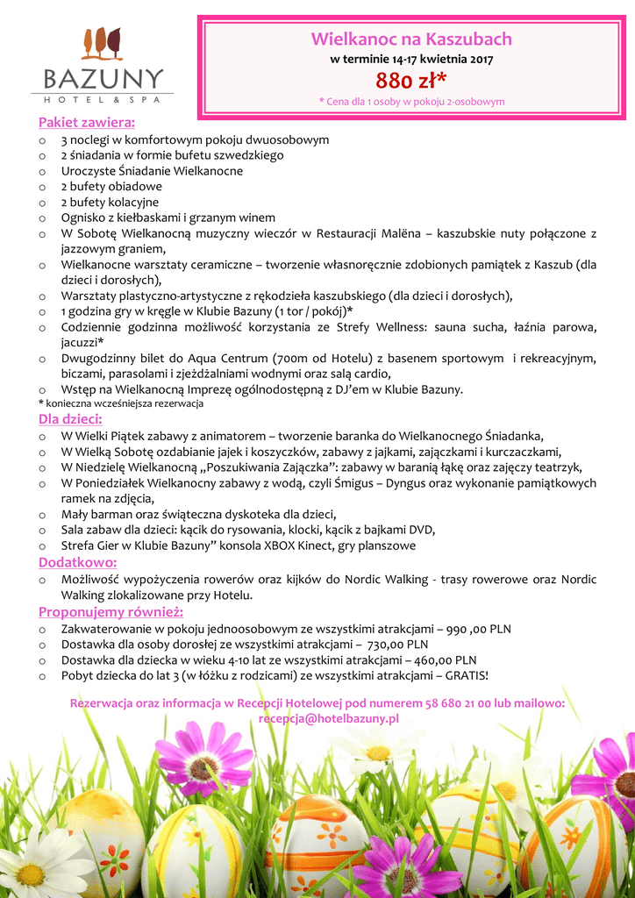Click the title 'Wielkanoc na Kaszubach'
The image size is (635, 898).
(411, 39)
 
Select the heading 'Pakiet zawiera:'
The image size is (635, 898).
(87, 122)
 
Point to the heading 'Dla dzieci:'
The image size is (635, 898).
(71, 418)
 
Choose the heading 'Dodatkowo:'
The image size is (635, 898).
(78, 562)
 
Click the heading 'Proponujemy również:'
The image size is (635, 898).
(111, 611)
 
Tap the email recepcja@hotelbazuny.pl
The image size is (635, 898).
(329, 718)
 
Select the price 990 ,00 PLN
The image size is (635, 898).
(479, 629)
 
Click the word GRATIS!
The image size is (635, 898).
(467, 676)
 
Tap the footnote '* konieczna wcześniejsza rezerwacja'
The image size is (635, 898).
(121, 403)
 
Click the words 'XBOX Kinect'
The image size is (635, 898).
(307, 545)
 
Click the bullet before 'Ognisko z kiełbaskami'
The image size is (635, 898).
(43, 218)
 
